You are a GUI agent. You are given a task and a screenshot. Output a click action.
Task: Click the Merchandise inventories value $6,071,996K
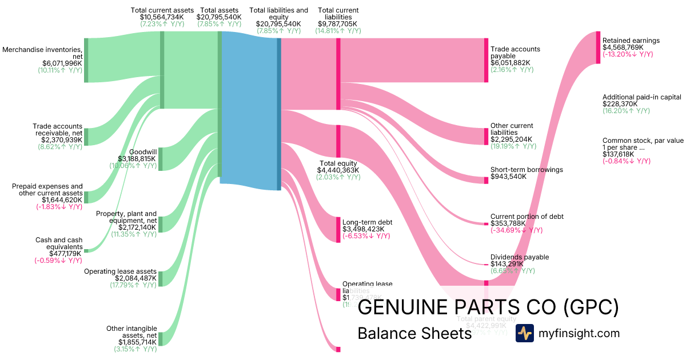(62, 63)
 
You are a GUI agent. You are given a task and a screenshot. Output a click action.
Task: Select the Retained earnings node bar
(598, 47)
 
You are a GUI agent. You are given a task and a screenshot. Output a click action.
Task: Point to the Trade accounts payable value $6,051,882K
(510, 63)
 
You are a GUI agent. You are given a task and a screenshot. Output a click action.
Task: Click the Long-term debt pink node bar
(338, 229)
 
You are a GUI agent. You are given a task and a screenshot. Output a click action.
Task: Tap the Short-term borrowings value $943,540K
(508, 177)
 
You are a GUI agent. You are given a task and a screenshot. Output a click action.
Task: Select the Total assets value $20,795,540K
(219, 17)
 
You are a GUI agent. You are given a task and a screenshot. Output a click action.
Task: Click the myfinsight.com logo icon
(524, 333)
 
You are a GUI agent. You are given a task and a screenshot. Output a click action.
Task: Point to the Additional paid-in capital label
(641, 97)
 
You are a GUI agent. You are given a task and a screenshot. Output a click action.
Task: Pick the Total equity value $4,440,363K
(339, 170)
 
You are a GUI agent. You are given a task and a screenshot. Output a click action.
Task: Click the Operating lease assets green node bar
(161, 278)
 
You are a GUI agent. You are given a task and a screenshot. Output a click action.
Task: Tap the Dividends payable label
(519, 257)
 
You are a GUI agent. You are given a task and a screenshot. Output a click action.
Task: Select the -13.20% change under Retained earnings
(627, 54)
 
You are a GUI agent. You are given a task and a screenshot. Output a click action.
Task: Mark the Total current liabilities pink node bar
(338, 73)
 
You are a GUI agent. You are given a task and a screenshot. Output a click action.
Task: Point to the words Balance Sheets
(414, 334)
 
